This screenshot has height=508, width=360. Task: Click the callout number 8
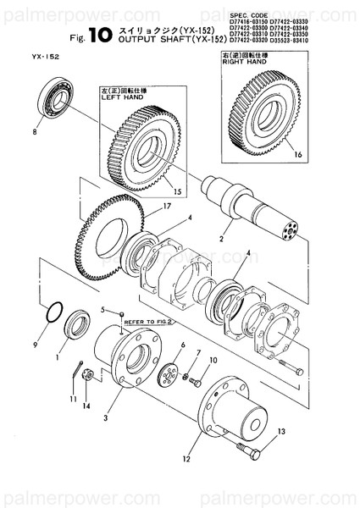(x=35, y=132)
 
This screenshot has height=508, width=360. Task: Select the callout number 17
(x=168, y=205)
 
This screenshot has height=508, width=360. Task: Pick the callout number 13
(x=280, y=432)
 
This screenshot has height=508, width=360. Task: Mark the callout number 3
(x=106, y=417)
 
